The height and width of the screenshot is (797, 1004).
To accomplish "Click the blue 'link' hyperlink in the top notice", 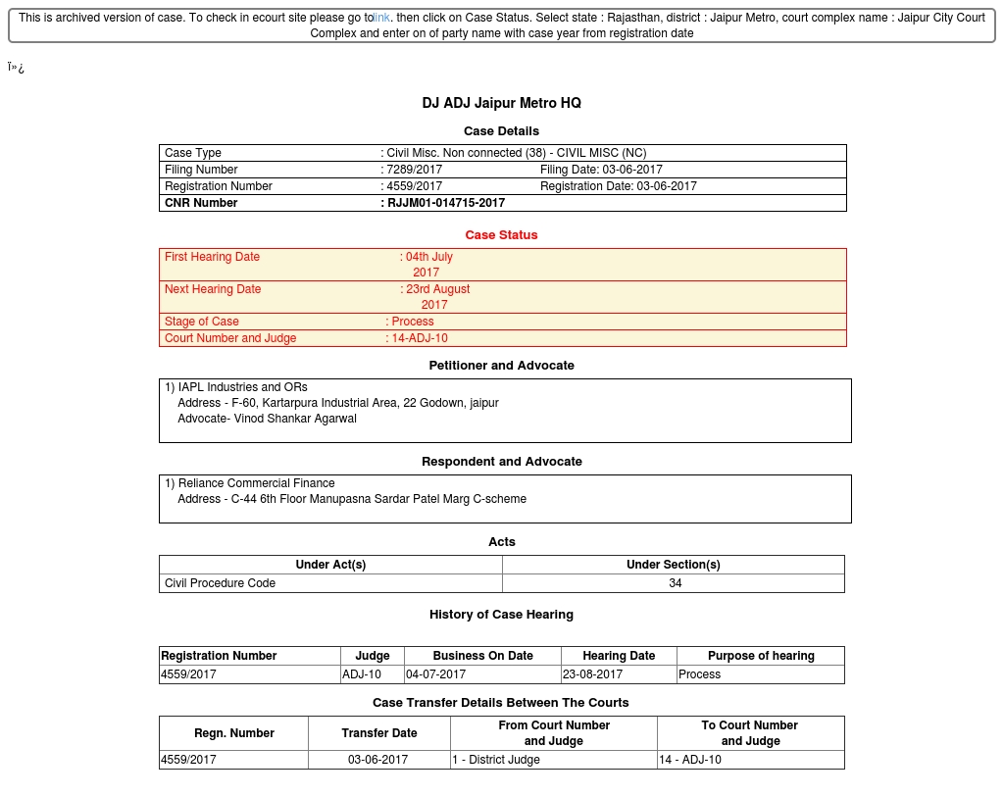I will point(381,18).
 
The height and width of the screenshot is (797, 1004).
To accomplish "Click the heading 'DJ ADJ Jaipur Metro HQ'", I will point(501,103).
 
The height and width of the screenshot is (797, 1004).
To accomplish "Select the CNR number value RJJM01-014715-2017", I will point(446,203).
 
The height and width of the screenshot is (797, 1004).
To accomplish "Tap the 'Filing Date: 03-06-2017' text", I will point(601,170).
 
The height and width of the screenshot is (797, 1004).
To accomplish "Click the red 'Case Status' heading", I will point(501,235).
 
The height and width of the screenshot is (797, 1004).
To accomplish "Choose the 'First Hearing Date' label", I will point(212,257).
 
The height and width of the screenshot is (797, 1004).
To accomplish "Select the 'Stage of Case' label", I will point(202,322).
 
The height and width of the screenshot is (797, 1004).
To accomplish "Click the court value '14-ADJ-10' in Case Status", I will point(420,338).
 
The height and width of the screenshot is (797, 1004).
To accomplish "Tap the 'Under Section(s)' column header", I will point(673,565).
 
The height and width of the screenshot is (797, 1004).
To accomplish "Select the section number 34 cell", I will point(675,583).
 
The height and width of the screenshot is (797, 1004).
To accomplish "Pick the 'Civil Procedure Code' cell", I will point(220,583).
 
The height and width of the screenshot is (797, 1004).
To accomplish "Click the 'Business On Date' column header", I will point(482,656).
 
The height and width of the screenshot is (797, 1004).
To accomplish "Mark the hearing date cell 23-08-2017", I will point(592,674).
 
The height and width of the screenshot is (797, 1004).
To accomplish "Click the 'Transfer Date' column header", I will point(378,733).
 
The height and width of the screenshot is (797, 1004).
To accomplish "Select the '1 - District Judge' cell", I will point(495,760).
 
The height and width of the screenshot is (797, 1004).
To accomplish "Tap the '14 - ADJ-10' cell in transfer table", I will point(690,760).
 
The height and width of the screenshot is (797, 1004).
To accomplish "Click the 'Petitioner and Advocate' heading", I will point(501,366).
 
